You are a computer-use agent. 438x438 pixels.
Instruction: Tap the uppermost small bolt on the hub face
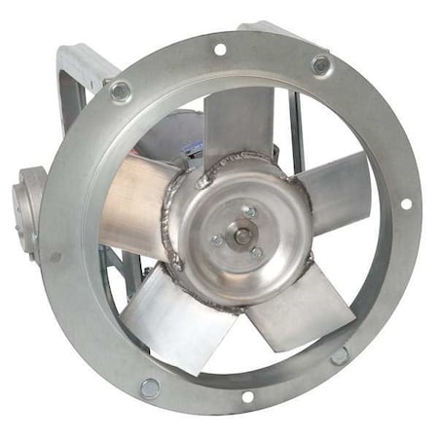coord(250,211)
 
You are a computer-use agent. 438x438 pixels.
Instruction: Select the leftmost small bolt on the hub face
coord(216,239)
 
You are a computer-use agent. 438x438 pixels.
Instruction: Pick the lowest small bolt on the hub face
coord(257,252)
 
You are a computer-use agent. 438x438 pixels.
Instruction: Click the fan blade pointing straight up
coord(241,121)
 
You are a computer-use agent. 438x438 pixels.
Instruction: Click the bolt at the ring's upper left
coord(121,92)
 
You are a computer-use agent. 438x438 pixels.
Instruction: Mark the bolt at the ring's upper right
coord(320,65)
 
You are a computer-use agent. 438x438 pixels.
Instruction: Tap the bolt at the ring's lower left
coord(149,387)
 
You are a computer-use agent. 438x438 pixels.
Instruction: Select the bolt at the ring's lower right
coord(339,355)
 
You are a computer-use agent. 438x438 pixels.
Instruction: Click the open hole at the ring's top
coord(220,49)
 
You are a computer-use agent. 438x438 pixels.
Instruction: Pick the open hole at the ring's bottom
coord(247,396)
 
